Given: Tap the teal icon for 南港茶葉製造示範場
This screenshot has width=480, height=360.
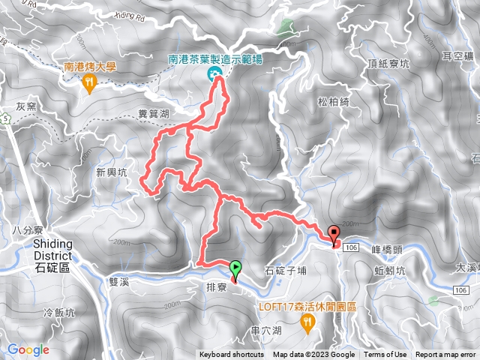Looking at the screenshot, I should click(x=214, y=73).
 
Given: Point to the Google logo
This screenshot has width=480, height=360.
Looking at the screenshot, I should click(x=28, y=349).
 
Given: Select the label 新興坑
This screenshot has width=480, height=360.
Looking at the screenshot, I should click(x=112, y=172).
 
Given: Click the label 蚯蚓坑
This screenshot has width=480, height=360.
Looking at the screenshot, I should click(x=390, y=270).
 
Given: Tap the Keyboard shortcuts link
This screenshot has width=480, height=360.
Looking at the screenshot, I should click(x=231, y=355).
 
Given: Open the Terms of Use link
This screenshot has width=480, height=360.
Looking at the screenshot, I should click(x=385, y=355).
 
